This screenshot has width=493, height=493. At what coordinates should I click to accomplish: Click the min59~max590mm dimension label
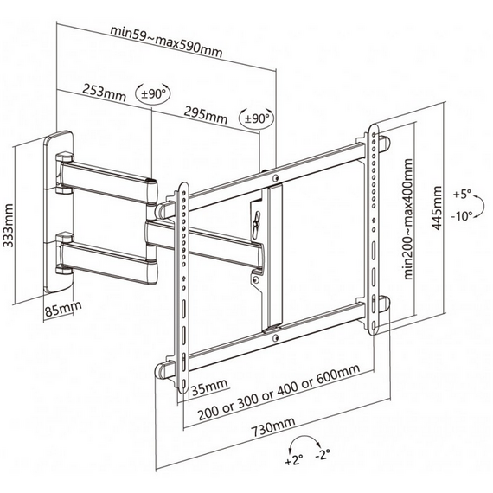[166, 42]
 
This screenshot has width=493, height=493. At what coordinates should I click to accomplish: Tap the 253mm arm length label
[104, 93]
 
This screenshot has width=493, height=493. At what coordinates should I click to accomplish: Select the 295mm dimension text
[205, 115]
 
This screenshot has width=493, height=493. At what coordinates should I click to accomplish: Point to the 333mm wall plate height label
[9, 226]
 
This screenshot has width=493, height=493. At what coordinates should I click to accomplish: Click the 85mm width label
[63, 309]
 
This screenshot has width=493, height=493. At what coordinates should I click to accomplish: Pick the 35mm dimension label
[209, 387]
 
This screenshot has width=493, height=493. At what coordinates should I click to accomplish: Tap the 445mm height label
[437, 208]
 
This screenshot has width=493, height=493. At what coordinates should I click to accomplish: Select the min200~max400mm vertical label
[408, 219]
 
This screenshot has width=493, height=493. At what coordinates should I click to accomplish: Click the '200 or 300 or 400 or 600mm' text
[279, 393]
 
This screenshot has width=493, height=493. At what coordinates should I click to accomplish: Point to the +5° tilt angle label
[462, 194]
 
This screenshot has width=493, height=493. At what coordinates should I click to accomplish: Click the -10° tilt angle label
[462, 216]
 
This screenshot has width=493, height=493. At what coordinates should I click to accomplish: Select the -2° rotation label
[323, 454]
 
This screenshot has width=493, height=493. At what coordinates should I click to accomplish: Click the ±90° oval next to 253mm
[153, 93]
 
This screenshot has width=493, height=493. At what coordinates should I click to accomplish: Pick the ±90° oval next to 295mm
[256, 118]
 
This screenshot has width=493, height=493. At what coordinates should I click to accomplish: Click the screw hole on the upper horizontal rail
[276, 178]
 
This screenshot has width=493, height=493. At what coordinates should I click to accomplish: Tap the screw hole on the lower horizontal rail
[276, 338]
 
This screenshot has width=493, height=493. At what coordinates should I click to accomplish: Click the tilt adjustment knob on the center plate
[257, 221]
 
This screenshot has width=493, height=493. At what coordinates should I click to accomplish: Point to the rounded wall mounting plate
[59, 212]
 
